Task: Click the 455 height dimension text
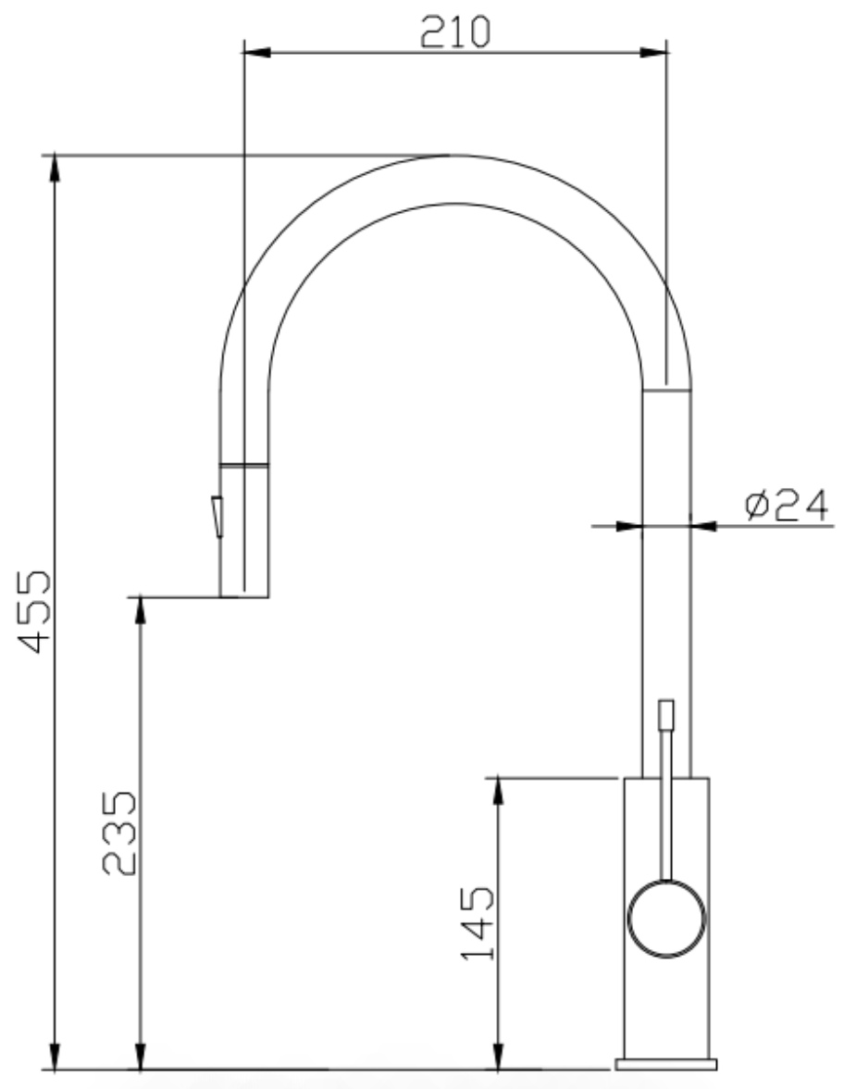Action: tap(38, 611)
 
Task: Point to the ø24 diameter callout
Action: tap(788, 507)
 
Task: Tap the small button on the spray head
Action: tap(217, 516)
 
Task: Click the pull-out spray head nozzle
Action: tap(243, 531)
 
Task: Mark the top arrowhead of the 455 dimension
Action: tap(56, 168)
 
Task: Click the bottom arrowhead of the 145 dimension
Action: tap(498, 1057)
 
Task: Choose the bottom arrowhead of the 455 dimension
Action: tap(56, 1057)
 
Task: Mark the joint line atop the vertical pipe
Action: tap(665, 390)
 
